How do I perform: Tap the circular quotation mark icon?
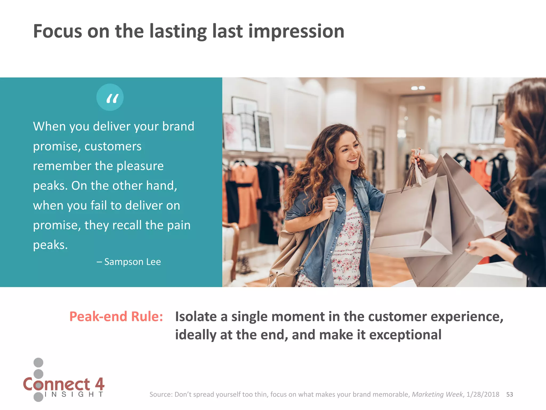coord(110,97)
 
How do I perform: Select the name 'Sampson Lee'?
coord(133,262)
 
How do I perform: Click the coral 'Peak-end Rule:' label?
coord(116,317)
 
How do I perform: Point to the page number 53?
coord(509,395)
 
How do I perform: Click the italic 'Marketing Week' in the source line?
coord(437,395)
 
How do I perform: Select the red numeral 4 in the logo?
coord(99,384)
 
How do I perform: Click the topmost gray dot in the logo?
coord(38,362)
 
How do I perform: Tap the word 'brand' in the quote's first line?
coord(178,127)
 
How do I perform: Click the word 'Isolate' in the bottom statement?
coord(196,317)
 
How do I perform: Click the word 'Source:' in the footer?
coord(161,395)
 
